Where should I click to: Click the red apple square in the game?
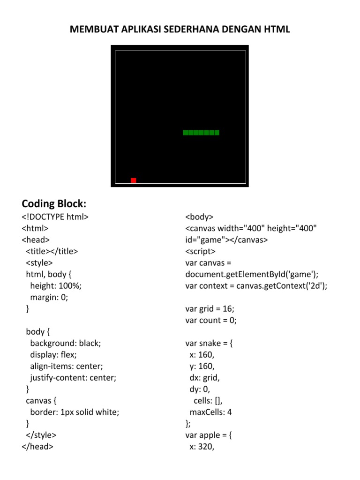click(134, 180)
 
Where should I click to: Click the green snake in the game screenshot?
click(201, 133)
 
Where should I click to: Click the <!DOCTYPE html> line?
click(55, 217)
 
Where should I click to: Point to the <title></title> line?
click(52, 251)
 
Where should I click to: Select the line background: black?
click(66, 343)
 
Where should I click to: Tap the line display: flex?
click(53, 354)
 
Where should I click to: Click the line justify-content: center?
click(73, 377)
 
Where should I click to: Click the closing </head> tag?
click(37, 446)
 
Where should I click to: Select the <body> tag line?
click(199, 217)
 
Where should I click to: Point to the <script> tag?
click(200, 251)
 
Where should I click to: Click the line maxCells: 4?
click(211, 412)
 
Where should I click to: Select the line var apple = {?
click(209, 435)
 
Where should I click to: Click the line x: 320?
click(202, 447)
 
